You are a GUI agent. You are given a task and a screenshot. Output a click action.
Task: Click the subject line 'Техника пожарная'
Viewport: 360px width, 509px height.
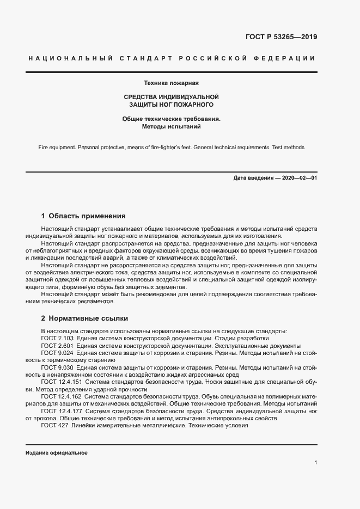pos(171,83)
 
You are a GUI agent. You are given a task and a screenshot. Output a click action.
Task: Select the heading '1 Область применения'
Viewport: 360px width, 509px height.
pos(83,216)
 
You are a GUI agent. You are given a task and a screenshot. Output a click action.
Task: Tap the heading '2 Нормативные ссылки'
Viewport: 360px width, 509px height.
pos(84,318)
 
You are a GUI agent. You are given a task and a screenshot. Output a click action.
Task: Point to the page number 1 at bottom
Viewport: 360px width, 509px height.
pos(316,463)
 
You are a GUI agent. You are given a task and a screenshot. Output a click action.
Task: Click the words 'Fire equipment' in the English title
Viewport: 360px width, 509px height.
pos(57,148)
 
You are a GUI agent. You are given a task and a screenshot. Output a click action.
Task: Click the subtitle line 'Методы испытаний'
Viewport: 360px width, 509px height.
pos(171,126)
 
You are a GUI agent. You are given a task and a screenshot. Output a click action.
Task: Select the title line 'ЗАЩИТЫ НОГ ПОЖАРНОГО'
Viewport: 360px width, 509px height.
pos(171,103)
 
